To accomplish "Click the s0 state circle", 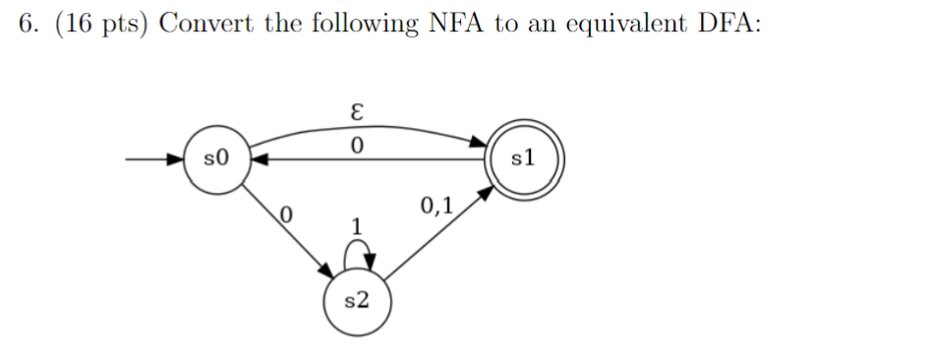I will (x=217, y=157).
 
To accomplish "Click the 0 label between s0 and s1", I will (x=357, y=146).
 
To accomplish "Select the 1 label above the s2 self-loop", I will (x=359, y=226).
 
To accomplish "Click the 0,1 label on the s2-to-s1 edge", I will (x=436, y=206).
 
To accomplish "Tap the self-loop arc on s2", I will (x=358, y=253).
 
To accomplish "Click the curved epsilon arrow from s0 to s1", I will (x=364, y=125).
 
